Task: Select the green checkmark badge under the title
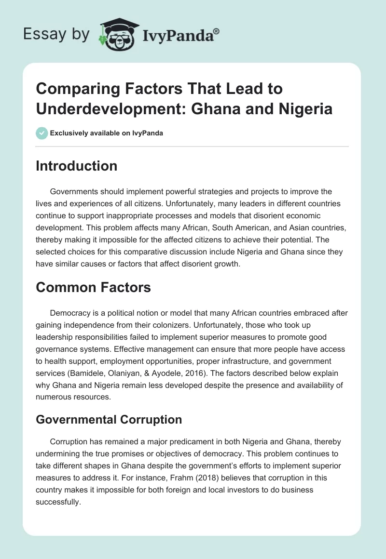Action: [x=42, y=133]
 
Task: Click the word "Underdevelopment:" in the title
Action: [x=108, y=108]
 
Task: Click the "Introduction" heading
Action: [x=76, y=166]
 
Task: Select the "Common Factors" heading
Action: [x=93, y=288]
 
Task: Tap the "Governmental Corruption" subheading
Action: [x=109, y=420]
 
